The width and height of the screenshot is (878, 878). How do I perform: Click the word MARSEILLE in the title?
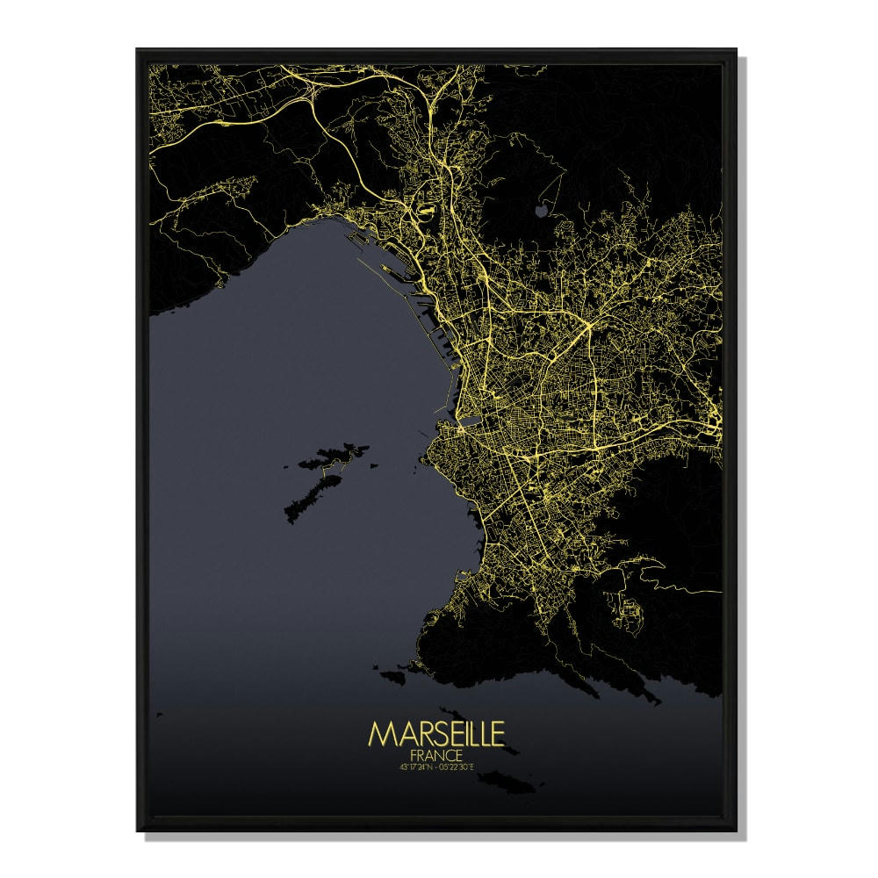pyautogui.click(x=436, y=735)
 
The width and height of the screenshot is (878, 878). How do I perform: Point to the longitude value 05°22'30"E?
pyautogui.click(x=458, y=768)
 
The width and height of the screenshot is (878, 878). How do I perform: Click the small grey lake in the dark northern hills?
pyautogui.click(x=540, y=211)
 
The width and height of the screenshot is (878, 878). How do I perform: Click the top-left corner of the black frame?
pyautogui.click(x=138, y=51)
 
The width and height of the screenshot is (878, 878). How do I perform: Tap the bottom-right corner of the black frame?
pyautogui.click(x=736, y=829)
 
